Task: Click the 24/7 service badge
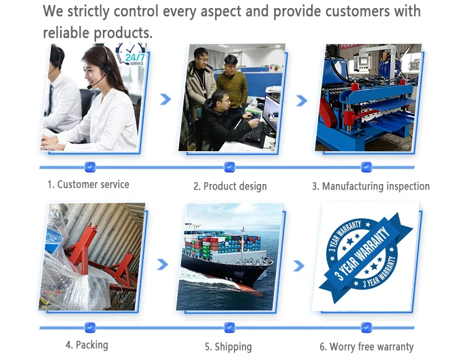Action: [x=131, y=55]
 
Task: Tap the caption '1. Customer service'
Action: [x=89, y=184]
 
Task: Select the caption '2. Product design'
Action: [x=230, y=187]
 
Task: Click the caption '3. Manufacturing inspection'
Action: [x=371, y=187]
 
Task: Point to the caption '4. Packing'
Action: [x=87, y=345]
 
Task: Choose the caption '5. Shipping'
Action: [x=228, y=346]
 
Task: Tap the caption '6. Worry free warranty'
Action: [x=366, y=346]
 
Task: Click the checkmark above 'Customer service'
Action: [x=90, y=167]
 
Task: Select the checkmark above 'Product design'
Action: [x=229, y=167]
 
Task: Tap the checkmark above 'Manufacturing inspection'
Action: [x=366, y=167]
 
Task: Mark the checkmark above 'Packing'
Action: [x=90, y=328]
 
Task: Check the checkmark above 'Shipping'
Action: [x=229, y=328]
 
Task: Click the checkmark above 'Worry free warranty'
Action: [x=366, y=328]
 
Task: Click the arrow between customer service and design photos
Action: [x=166, y=99]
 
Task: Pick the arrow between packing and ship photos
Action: [x=162, y=265]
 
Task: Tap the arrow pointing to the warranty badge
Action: [x=299, y=266]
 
